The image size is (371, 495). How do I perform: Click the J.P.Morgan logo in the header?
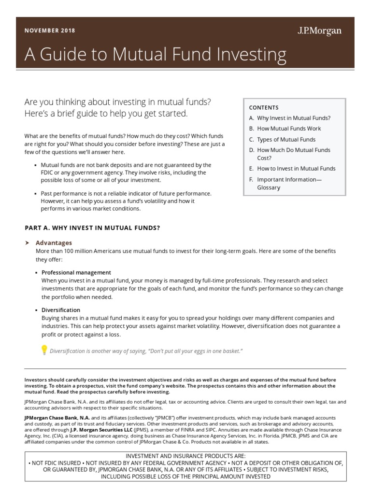click(x=319, y=31)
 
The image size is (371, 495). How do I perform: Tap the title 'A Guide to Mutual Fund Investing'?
click(x=155, y=54)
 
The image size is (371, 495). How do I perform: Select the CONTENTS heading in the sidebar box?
click(x=264, y=107)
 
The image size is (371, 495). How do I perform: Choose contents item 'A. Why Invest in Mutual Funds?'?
click(x=290, y=118)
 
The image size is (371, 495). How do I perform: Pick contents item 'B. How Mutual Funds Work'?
click(x=285, y=129)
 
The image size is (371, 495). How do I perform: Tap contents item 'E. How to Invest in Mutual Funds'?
click(x=292, y=169)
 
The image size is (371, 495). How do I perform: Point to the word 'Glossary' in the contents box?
click(x=269, y=188)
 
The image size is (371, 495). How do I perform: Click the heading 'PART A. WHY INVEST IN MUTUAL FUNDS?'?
click(x=92, y=228)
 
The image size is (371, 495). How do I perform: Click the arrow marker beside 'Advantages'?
click(x=27, y=243)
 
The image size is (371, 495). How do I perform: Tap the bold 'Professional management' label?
click(x=76, y=273)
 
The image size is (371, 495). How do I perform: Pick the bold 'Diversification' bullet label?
click(x=61, y=310)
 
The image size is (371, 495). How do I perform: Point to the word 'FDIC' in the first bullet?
click(x=48, y=173)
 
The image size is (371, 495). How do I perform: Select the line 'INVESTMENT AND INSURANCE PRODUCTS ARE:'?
click(x=185, y=456)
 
